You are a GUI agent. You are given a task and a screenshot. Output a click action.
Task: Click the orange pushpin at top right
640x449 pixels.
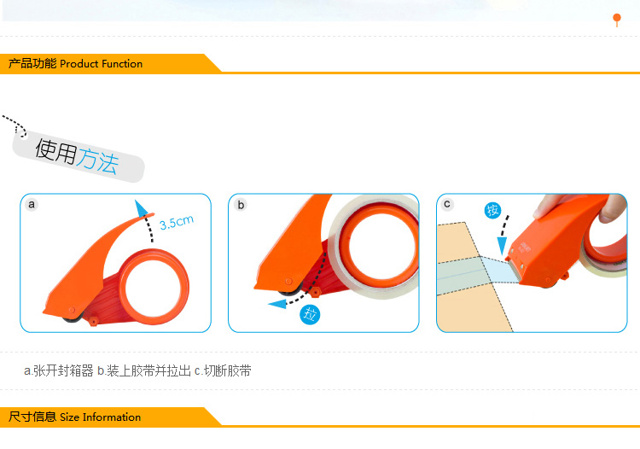click(x=617, y=19)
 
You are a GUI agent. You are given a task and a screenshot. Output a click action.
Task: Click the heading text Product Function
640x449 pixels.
click(x=102, y=64)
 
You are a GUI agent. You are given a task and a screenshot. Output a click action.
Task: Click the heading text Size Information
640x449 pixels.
click(x=101, y=417)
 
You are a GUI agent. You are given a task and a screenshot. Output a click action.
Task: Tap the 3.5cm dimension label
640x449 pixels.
click(x=177, y=223)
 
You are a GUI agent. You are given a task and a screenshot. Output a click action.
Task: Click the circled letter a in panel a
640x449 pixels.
click(x=32, y=204)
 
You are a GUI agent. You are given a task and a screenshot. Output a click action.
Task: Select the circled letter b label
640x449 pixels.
click(x=241, y=205)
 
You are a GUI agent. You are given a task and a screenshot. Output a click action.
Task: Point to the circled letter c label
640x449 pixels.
click(x=447, y=204)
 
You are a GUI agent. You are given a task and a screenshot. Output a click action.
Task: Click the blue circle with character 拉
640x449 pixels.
click(x=310, y=315)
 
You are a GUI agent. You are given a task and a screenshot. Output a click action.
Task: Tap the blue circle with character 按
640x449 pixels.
click(x=492, y=210)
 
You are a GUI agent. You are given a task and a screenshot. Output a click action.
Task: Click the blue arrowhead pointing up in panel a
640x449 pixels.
click(x=141, y=207)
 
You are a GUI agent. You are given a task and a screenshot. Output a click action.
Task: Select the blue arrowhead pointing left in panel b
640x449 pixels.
click(x=277, y=304)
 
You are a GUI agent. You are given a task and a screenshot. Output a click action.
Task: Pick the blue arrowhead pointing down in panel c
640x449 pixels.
click(x=502, y=246)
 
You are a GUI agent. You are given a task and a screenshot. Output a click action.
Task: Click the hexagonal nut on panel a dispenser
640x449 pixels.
click(x=94, y=321)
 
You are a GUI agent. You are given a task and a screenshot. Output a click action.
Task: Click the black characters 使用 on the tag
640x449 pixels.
click(x=56, y=151)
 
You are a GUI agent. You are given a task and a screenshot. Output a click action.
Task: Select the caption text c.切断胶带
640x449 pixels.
click(x=223, y=370)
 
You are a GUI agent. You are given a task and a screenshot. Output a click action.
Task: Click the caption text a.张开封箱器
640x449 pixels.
click(x=59, y=370)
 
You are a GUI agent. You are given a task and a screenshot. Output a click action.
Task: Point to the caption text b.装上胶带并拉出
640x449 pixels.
click(x=144, y=370)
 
